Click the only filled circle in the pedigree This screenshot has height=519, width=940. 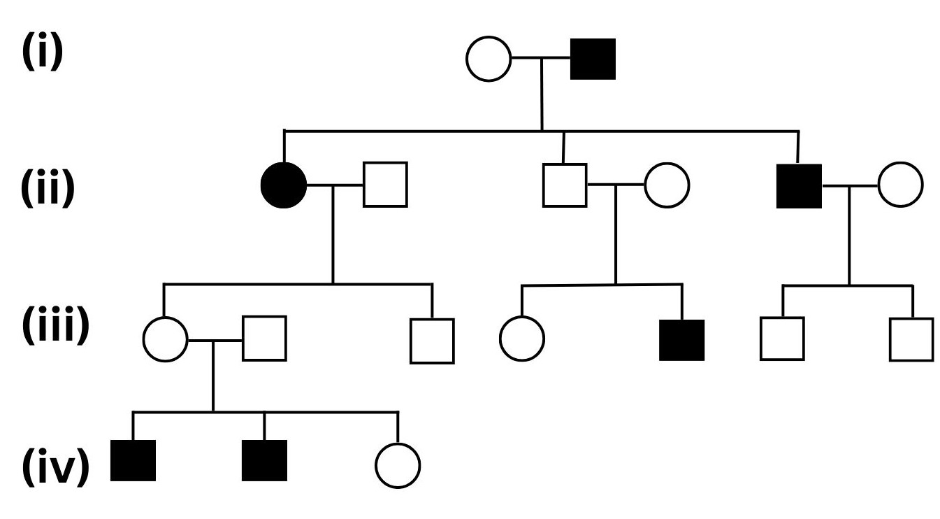point(283,185)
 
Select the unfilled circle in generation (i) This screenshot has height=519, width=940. point(489,59)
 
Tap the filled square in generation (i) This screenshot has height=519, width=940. point(593,59)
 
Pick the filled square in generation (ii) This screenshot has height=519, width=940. point(799,186)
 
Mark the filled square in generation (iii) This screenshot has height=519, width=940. point(681,339)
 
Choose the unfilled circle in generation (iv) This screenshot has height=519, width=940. point(398,464)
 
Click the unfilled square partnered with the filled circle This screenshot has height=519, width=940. point(385,185)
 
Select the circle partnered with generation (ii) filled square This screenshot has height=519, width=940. point(900,185)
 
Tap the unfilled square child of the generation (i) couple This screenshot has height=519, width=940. point(565,185)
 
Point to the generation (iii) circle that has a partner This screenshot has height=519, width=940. point(165,339)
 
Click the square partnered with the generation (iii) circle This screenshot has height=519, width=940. point(264,339)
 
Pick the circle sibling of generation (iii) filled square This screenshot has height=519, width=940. point(522,339)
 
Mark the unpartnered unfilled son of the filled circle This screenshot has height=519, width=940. point(432,341)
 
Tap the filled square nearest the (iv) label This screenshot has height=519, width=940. point(133,462)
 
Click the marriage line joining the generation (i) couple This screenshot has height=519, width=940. point(541,59)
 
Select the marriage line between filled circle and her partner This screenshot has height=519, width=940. point(334,185)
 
